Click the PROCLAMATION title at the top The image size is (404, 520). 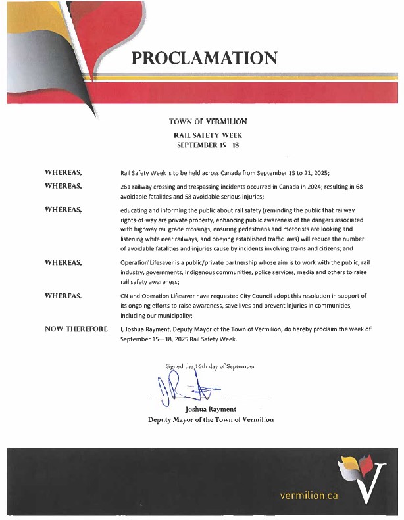point(204,57)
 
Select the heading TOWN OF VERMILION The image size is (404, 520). point(208,122)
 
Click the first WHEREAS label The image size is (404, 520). point(63,172)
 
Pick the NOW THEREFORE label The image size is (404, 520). point(76,328)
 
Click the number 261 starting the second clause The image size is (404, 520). point(128,187)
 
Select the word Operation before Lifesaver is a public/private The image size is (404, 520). point(138,263)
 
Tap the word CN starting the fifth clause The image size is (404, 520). point(126,296)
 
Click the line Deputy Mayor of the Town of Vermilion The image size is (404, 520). point(211,419)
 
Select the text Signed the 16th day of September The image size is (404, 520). point(210,366)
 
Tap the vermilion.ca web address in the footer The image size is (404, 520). point(309,495)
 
